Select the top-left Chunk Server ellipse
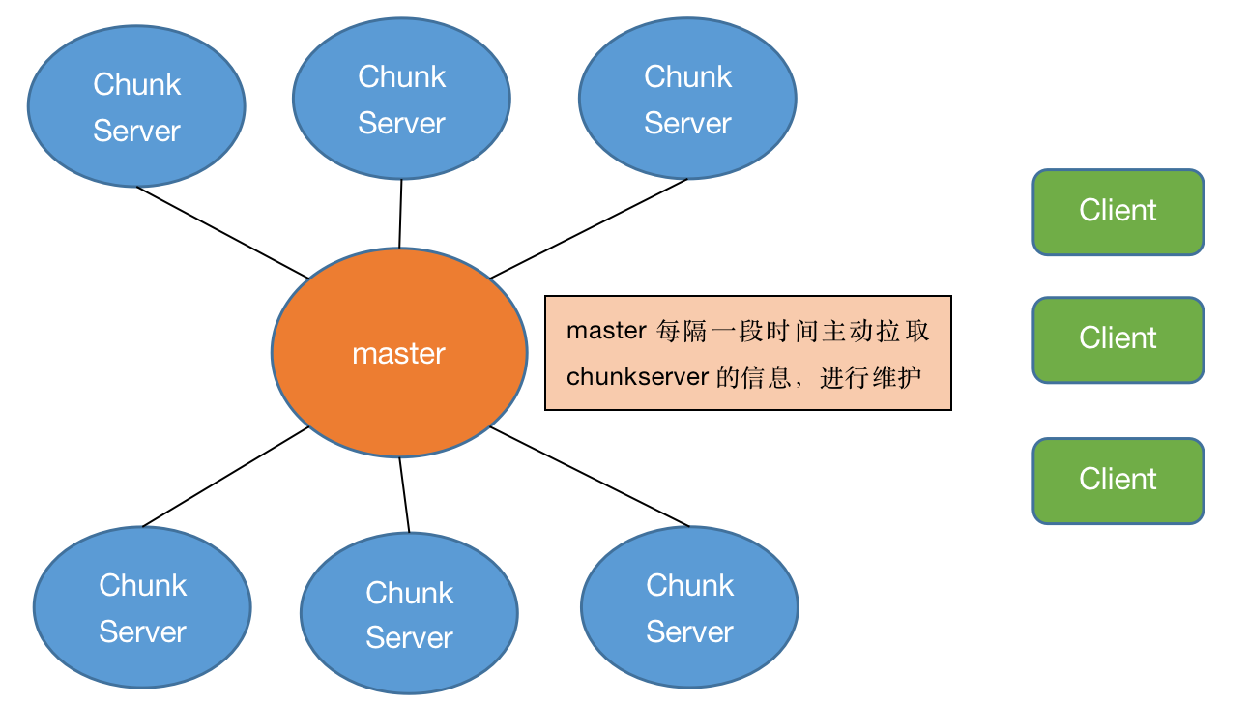point(136,106)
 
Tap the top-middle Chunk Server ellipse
point(401,99)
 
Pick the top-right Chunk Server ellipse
point(687,99)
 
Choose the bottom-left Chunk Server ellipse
point(142,607)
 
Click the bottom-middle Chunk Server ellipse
point(409,613)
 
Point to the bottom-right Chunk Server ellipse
point(689,607)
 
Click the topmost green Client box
point(1118,212)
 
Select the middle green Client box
point(1118,339)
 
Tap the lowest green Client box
point(1118,481)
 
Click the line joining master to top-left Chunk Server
point(223,232)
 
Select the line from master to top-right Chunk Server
point(589,228)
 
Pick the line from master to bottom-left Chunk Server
point(225,478)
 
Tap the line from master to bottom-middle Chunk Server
point(404,494)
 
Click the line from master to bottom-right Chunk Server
point(590,477)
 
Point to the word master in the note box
point(605,331)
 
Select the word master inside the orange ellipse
point(398,354)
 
